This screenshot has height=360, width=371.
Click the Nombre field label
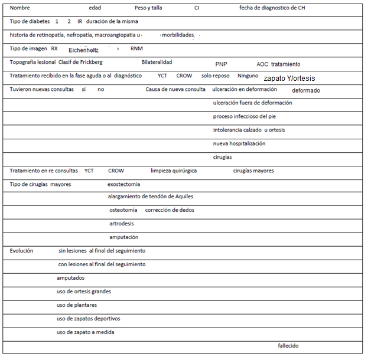20,9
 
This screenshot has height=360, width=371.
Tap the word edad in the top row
95,9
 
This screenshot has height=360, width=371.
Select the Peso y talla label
148,9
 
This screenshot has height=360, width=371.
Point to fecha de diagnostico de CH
272,9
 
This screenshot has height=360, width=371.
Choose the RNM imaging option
136,48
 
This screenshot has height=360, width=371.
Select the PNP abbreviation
221,64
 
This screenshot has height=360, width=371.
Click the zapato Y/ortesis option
289,78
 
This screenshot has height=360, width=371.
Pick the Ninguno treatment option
248,76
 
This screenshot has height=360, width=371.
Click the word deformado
306,90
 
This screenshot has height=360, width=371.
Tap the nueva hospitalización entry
239,143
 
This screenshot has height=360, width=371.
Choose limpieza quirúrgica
174,171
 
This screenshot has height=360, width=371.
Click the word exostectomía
124,184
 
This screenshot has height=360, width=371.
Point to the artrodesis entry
121,224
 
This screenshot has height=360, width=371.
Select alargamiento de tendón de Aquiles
151,197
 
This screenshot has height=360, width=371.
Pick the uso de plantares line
77,305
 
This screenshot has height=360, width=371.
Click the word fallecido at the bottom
288,345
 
